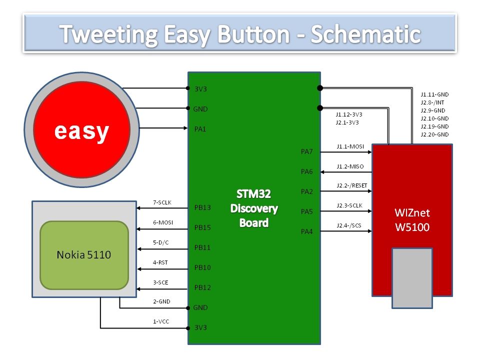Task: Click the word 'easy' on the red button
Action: pos(81,131)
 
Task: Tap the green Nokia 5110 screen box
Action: pos(83,255)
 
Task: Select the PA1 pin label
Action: pos(200,129)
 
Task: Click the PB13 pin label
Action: pos(202,207)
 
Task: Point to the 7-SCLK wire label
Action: pos(162,203)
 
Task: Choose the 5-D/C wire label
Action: pos(160,243)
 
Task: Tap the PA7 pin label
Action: pos(307,151)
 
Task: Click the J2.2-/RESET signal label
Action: pos(352,185)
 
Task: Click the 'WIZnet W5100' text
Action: pos(412,219)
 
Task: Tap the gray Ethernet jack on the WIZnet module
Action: pos(412,277)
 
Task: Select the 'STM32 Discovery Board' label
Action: pos(254,208)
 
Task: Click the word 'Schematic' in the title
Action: pos(365,34)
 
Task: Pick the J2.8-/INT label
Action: pos(432,102)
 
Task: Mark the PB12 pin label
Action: pos(202,287)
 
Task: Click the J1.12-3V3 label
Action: pos(349,114)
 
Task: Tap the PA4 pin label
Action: pos(307,231)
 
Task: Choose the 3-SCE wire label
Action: pos(160,283)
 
